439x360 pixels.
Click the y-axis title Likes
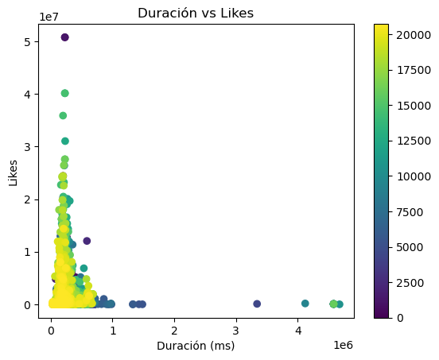click(x=14, y=171)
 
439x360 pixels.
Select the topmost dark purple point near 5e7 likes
click(x=64, y=37)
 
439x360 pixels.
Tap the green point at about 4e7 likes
click(x=64, y=93)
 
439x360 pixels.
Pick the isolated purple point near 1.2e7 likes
click(x=87, y=241)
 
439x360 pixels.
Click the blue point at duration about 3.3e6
click(x=257, y=304)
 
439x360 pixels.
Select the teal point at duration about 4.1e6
click(x=305, y=304)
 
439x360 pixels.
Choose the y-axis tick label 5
click(x=27, y=41)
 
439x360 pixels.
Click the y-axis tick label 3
click(x=27, y=146)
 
